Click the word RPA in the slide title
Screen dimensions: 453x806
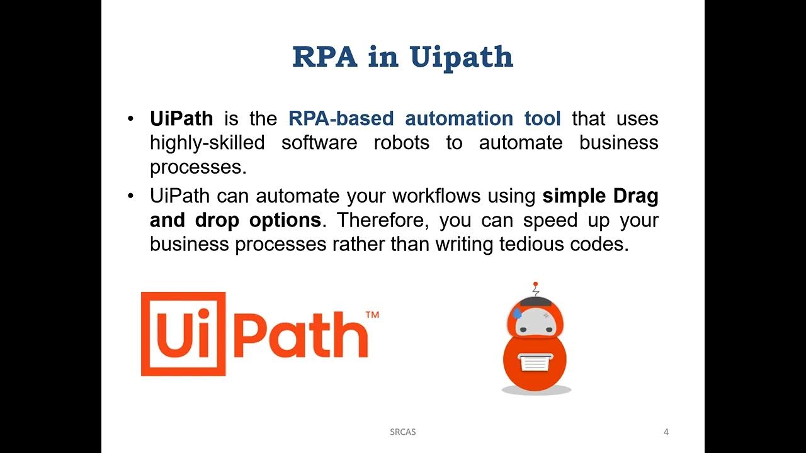tap(326, 57)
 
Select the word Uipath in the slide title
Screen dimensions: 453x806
tap(461, 57)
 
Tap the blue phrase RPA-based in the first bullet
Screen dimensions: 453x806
tap(341, 118)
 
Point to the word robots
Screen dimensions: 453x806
tap(401, 143)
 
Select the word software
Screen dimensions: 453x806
tap(319, 143)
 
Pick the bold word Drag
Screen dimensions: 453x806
tap(635, 196)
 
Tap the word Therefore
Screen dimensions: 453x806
tap(384, 221)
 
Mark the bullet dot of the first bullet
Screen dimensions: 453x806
tap(131, 119)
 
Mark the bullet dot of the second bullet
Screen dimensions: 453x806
tap(131, 196)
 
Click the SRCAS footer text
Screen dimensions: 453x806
tap(403, 432)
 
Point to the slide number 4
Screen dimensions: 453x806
tap(666, 432)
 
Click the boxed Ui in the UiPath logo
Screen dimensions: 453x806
tap(183, 333)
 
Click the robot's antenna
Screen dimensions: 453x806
tap(536, 289)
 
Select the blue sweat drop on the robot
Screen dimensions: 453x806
tap(518, 313)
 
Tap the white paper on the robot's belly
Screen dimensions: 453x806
tap(535, 362)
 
